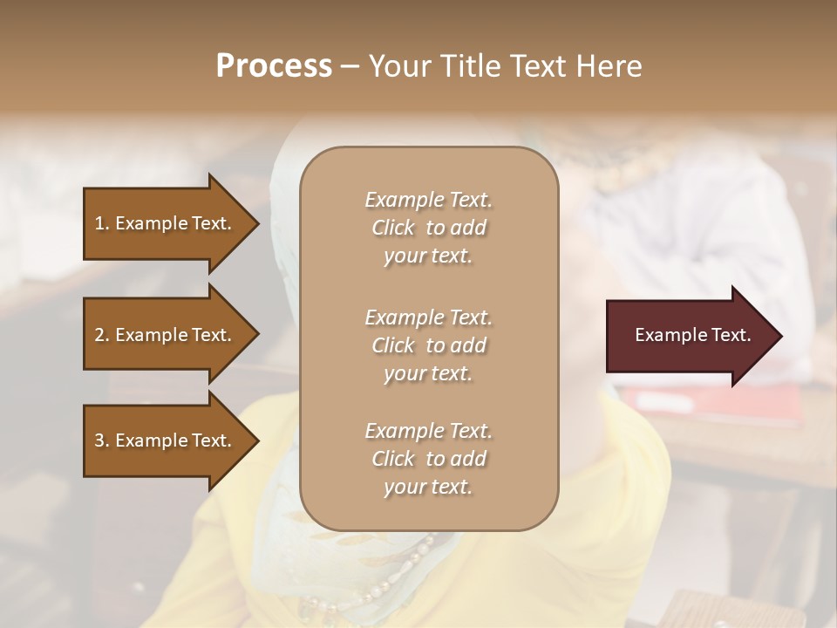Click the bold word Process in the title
[274, 66]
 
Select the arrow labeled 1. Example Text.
[166, 223]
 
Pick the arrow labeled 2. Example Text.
[166, 335]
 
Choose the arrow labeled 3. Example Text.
[166, 440]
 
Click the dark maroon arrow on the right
[689, 336]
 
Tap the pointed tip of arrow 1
[256, 223]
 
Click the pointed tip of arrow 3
[256, 440]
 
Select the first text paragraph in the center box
[428, 228]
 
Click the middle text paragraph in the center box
[428, 345]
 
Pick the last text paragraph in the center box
[428, 459]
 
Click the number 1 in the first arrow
[99, 223]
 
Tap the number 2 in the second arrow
[99, 335]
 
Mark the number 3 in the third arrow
[99, 440]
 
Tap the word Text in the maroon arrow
[731, 335]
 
